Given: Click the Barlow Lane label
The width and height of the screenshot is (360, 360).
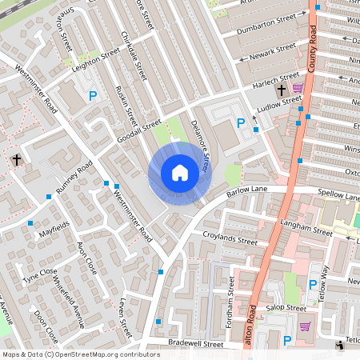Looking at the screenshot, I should (246, 191).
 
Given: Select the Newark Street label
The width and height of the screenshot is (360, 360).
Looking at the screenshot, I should (274, 51).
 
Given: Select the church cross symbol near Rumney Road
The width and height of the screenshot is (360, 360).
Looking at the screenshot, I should (16, 160).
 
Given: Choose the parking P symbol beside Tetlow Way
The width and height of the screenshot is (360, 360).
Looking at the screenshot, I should (313, 283).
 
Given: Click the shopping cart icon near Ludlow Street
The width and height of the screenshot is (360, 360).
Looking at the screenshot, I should (298, 87).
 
